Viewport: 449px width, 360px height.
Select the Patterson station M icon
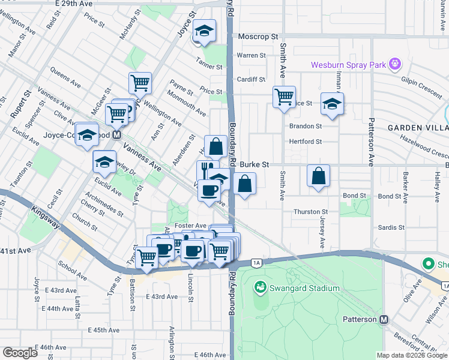tap(384, 320)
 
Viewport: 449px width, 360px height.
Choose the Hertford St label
tap(306, 142)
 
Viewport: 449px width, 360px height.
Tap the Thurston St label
tap(310, 212)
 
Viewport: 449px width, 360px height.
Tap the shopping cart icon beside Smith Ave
tap(284, 96)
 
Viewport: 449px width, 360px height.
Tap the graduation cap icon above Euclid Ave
tap(104, 161)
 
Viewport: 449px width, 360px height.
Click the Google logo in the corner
tap(19, 353)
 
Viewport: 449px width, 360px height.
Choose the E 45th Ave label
tap(104, 330)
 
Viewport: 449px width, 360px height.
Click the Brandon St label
tap(306, 127)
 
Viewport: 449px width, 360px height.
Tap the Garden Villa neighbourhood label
tap(418, 128)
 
